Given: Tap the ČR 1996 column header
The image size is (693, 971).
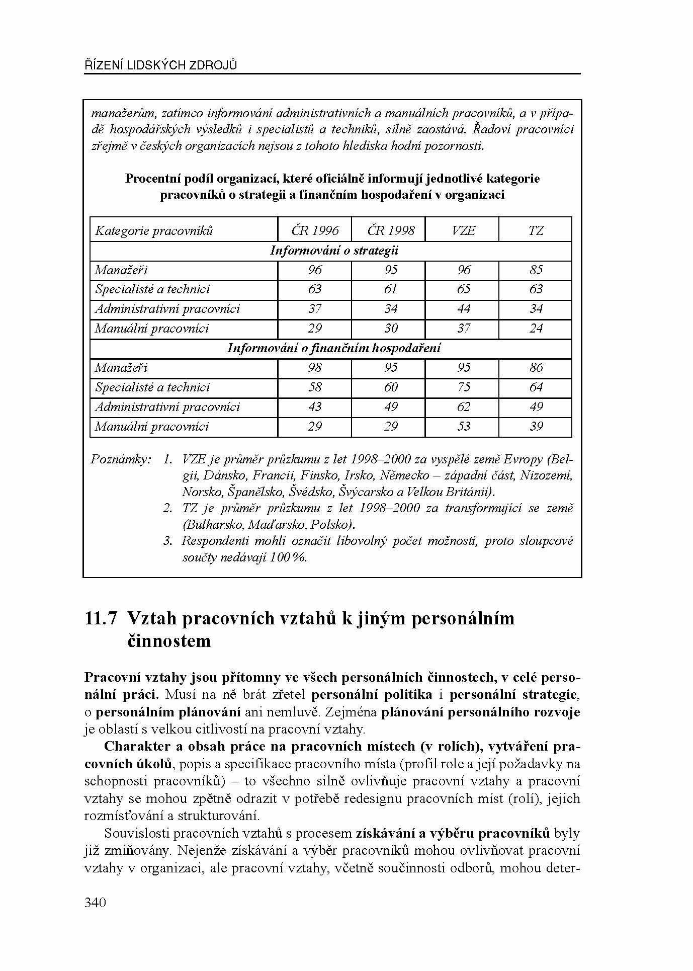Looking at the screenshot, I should (315, 230).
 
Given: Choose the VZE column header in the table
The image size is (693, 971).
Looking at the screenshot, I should (463, 230).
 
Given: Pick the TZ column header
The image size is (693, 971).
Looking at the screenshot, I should (536, 230).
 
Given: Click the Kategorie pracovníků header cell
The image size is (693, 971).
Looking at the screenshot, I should (154, 231).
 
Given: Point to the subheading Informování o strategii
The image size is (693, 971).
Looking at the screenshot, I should (334, 251).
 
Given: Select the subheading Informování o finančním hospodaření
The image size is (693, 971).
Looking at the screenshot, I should (334, 348).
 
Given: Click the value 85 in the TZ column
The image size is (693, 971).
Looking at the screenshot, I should (536, 270).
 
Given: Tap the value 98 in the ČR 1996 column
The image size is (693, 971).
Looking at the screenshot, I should (315, 368).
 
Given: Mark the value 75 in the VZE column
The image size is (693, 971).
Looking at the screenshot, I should (463, 387).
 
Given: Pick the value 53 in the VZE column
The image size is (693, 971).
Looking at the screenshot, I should (463, 427).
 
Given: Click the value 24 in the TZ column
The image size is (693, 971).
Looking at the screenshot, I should (536, 329).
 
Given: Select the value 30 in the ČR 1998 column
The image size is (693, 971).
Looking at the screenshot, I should (390, 329).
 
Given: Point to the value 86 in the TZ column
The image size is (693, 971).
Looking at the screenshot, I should (536, 368).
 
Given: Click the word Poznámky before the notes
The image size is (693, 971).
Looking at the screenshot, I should (121, 459).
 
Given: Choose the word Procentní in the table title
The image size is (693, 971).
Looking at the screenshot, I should (151, 179).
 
